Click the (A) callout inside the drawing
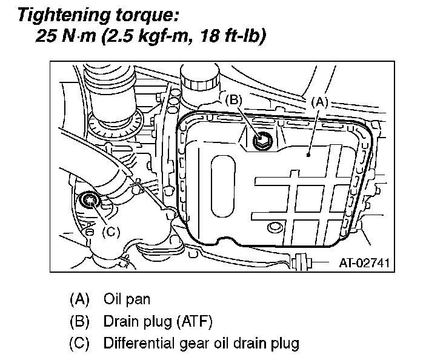click(x=320, y=102)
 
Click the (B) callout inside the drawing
click(x=235, y=100)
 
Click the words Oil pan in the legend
click(x=127, y=299)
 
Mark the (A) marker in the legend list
click(x=79, y=299)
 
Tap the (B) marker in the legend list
click(x=79, y=321)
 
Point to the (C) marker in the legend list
click(x=79, y=343)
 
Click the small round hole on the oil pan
click(x=275, y=227)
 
